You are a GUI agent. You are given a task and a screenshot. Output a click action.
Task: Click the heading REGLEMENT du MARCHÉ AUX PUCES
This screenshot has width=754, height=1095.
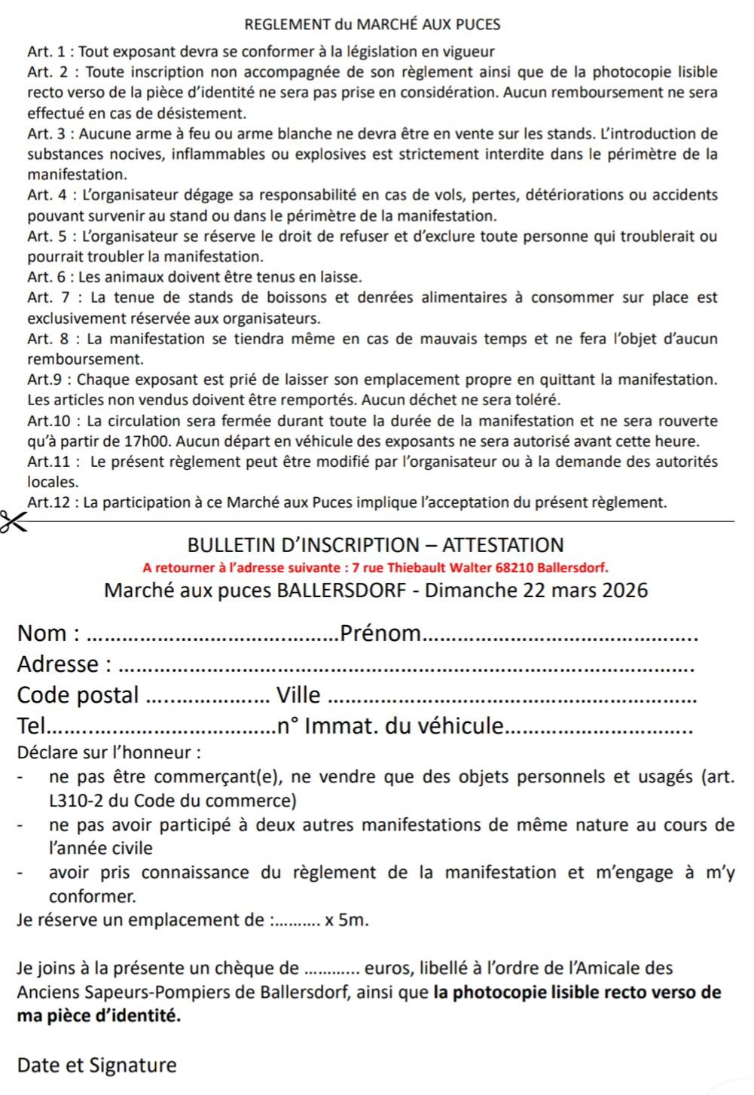click(x=373, y=24)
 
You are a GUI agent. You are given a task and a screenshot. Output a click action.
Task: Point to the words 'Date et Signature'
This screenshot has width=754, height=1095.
click(x=97, y=1065)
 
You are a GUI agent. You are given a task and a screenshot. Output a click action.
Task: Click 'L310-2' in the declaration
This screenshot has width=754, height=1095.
click(x=74, y=801)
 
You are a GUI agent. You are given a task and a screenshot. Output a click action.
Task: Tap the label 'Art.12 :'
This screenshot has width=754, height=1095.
click(x=53, y=502)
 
